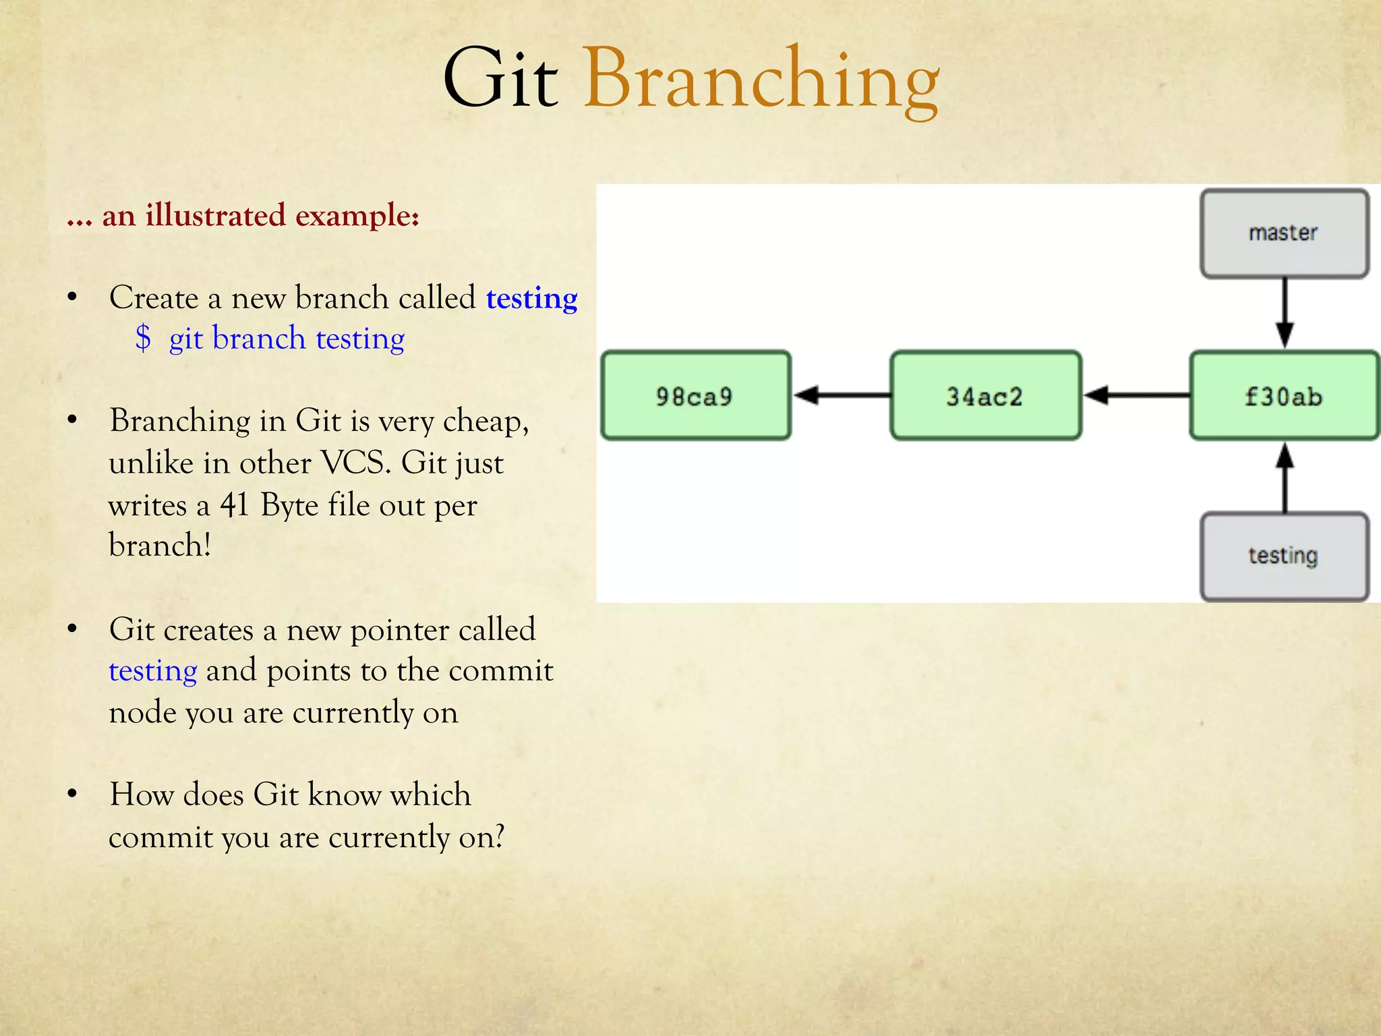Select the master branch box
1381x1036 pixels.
1284,233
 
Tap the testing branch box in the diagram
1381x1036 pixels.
1284,556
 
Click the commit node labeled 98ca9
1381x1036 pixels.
695,396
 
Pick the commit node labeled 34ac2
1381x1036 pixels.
985,396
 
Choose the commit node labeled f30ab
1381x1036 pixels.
1284,396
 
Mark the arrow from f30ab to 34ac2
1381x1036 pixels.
1136,395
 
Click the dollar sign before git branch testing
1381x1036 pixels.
143,338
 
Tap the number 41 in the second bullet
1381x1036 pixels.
235,505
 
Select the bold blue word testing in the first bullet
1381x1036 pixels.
531,298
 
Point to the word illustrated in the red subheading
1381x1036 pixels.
215,216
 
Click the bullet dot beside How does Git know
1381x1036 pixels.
73,794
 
